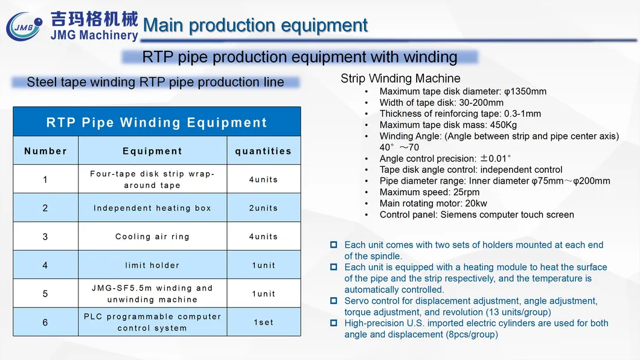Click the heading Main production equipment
click(255, 25)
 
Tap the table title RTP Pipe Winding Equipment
click(157, 123)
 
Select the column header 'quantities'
click(263, 151)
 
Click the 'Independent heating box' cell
click(152, 208)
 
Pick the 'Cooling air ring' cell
click(152, 237)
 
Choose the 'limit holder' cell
click(152, 265)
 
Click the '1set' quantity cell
click(263, 323)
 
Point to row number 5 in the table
click(45, 294)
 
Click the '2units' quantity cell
click(263, 208)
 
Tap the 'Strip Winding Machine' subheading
click(400, 79)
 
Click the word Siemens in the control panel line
click(458, 214)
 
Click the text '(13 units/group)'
click(518, 312)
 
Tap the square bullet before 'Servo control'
click(333, 301)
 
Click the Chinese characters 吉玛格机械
click(95, 19)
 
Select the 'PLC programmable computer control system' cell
click(152, 323)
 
